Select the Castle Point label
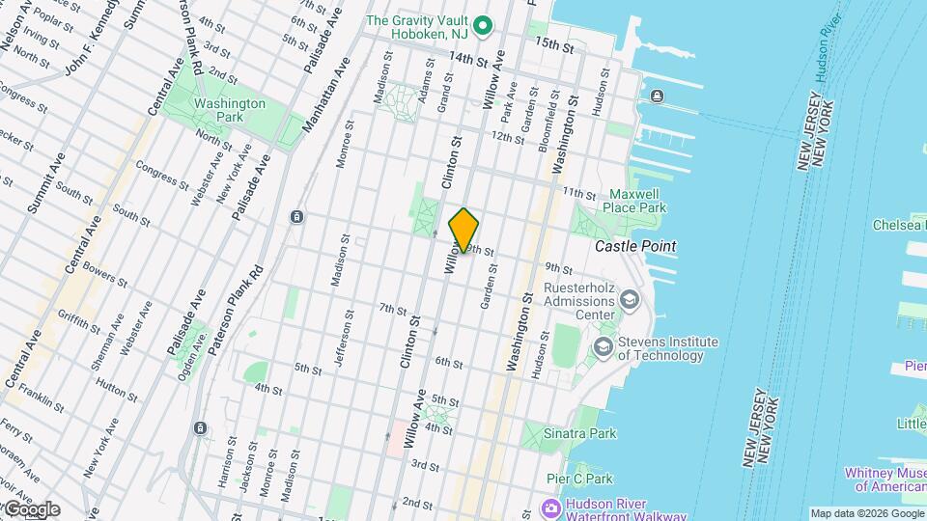(x=634, y=246)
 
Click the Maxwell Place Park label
(x=634, y=201)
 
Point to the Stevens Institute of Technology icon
(x=604, y=347)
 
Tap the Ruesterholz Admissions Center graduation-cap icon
(x=630, y=300)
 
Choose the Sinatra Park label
(x=579, y=434)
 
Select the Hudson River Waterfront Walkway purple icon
(x=551, y=507)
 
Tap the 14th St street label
(x=469, y=59)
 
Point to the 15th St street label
(x=555, y=44)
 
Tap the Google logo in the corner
(x=31, y=509)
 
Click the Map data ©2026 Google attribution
(x=867, y=513)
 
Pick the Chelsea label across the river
(x=899, y=225)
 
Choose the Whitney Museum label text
(x=885, y=480)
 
